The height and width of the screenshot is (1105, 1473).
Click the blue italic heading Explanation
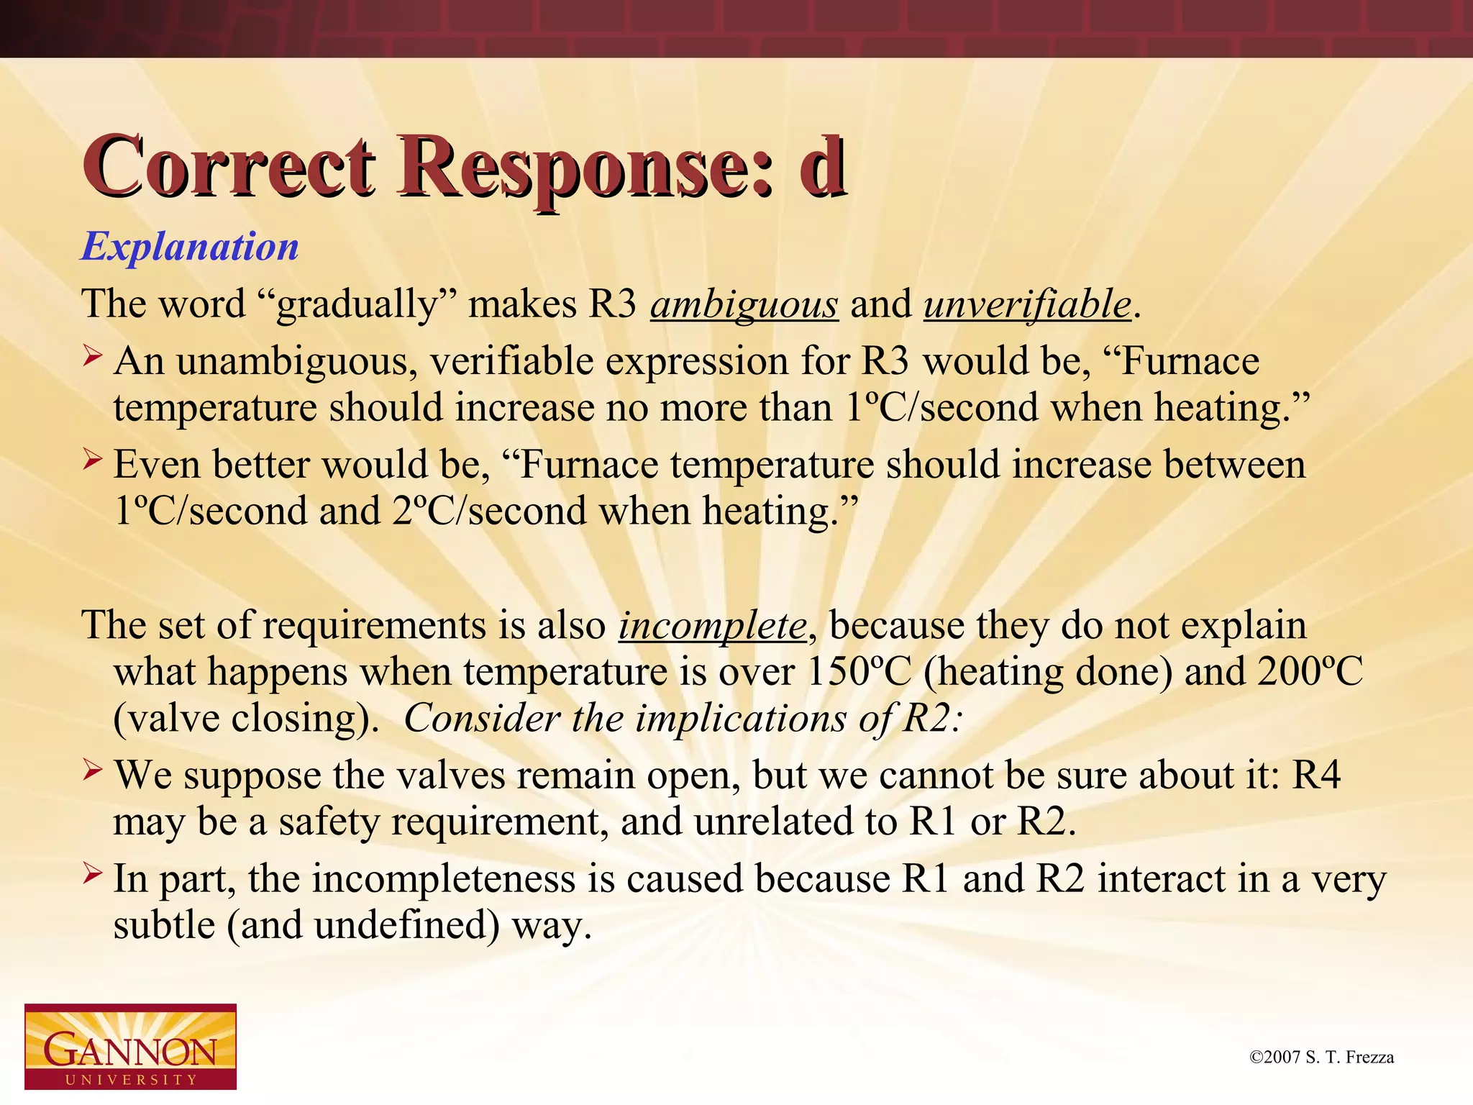[x=190, y=247]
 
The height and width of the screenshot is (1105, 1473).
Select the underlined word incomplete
[x=713, y=625]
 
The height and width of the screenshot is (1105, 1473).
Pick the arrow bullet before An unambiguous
[x=92, y=355]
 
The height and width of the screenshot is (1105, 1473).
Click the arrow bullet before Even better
[x=92, y=459]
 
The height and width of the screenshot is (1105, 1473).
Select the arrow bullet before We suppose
[x=92, y=770]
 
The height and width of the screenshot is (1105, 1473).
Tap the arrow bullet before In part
[x=92, y=874]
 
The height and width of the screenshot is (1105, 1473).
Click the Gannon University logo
[x=130, y=1046]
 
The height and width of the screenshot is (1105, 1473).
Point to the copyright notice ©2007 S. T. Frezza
[x=1322, y=1057]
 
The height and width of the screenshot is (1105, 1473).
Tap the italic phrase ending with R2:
[x=682, y=718]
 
